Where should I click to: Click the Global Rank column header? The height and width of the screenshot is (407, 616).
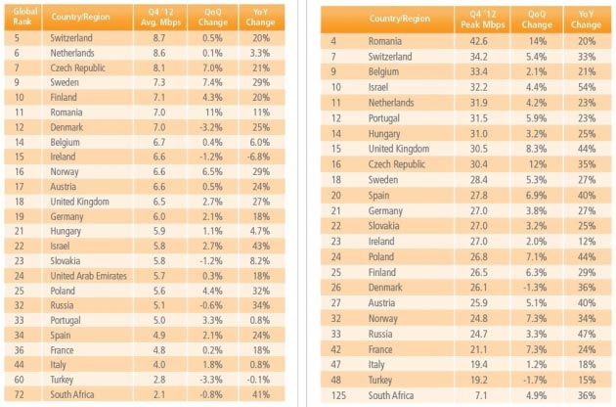point(22,19)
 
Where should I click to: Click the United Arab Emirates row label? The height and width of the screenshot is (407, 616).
point(91,276)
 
